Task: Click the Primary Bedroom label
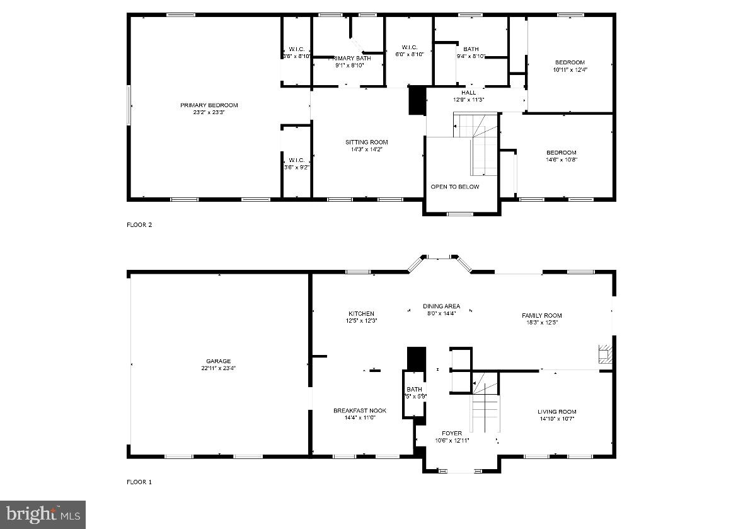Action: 209,105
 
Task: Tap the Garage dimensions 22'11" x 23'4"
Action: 218,368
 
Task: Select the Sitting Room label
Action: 366,142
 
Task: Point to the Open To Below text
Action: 454,187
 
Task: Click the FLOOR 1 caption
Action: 139,482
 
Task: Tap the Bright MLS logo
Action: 43,514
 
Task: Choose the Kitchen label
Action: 361,313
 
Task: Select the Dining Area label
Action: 441,306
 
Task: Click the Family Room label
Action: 541,315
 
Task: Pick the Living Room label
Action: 558,412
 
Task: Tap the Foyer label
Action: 452,433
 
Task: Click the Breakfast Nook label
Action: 360,410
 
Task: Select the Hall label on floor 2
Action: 468,93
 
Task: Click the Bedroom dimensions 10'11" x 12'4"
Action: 570,69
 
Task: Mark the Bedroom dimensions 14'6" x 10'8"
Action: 561,160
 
